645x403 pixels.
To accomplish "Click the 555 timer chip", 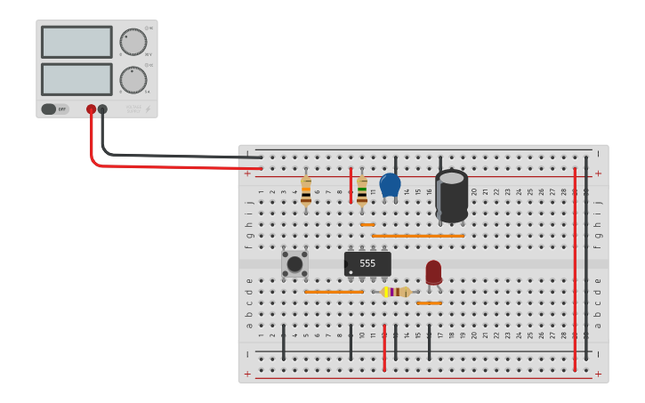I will tap(367, 263).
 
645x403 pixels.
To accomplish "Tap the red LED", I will tap(433, 272).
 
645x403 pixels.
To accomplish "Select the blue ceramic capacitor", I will tap(390, 185).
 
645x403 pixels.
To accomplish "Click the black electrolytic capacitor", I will tap(451, 196).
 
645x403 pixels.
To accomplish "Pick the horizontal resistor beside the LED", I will tap(395, 292).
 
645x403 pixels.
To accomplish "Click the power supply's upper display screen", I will tap(77, 42).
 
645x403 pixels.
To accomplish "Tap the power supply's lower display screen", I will tap(77, 79).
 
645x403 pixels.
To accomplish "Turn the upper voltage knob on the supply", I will tap(133, 42).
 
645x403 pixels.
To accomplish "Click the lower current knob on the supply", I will tap(133, 79).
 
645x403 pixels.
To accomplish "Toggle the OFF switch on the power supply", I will tap(54, 109).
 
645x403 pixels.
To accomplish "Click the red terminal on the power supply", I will tap(91, 109).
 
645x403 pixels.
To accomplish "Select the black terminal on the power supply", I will tap(102, 109).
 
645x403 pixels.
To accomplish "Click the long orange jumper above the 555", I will tap(418, 236).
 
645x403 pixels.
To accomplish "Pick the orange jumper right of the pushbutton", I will tap(334, 292).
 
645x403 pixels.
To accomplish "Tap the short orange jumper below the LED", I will tap(429, 303).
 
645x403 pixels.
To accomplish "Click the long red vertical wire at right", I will tap(575, 267).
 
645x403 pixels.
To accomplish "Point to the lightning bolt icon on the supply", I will tap(148, 110).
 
